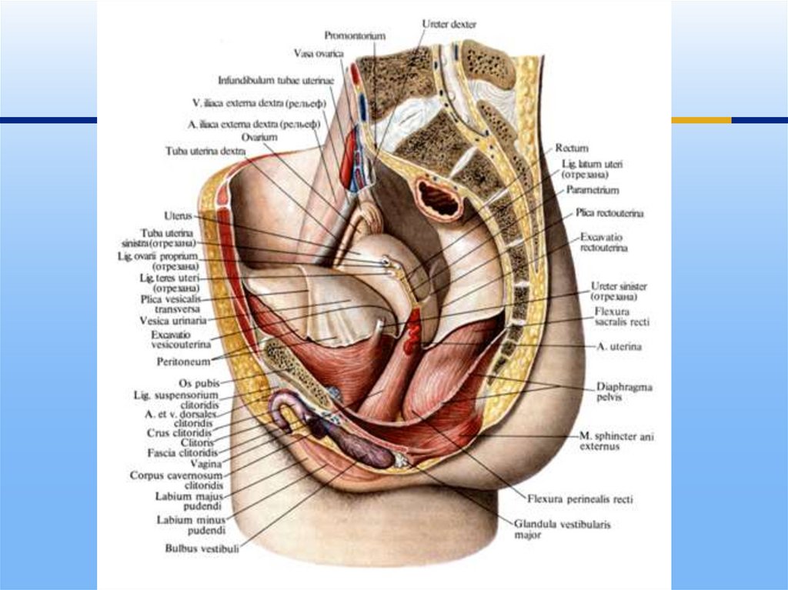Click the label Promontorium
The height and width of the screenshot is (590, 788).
[x=355, y=35]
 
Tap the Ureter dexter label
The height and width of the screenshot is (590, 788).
[x=449, y=25]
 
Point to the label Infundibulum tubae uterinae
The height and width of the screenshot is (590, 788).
[x=275, y=79]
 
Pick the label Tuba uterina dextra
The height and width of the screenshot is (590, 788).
[x=205, y=152]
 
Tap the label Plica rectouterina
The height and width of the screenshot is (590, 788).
[x=609, y=212]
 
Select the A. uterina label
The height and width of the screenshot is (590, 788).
[x=620, y=347]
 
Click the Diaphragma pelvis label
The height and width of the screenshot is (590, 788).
[x=623, y=392]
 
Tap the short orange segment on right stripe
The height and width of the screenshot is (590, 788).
[x=701, y=120]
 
